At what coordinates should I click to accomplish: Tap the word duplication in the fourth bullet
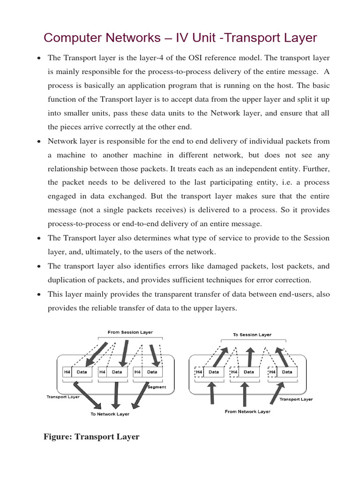(x=67, y=280)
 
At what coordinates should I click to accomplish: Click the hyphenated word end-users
(x=296, y=294)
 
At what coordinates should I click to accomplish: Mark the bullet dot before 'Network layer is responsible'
(x=38, y=142)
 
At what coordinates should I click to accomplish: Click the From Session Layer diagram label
(x=130, y=332)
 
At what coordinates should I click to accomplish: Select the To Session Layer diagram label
(x=252, y=335)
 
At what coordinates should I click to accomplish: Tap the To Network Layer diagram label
(x=110, y=414)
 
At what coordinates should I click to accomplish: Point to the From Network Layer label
(x=247, y=412)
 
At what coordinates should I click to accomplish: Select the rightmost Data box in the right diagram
(x=287, y=372)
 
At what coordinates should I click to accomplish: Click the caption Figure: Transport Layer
(x=91, y=437)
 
